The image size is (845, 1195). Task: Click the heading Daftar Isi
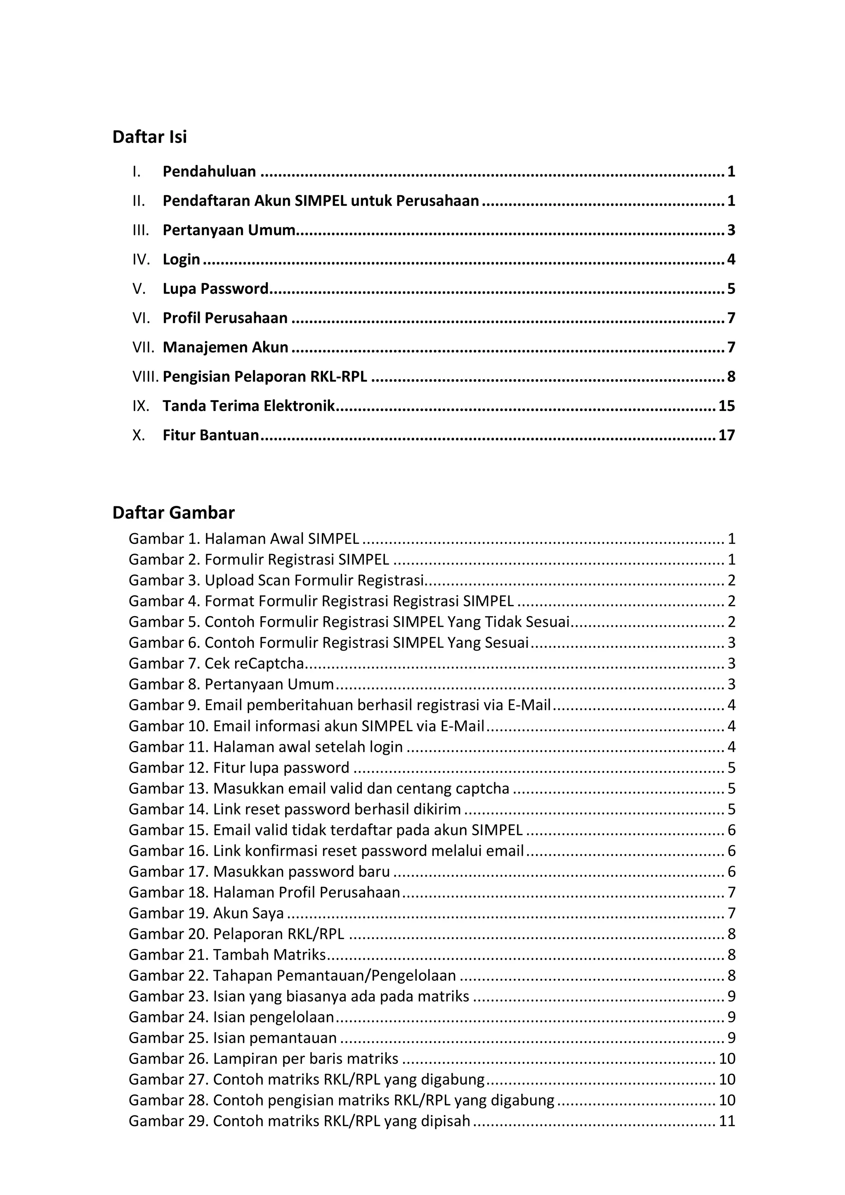coord(149,137)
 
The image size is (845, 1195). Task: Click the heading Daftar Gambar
coord(173,512)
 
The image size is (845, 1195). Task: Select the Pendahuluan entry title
coord(209,172)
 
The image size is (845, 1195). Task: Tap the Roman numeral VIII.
coord(145,376)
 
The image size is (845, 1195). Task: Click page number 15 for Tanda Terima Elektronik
coord(726,406)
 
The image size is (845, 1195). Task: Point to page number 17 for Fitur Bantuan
coord(726,435)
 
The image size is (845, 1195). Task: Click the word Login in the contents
coord(181,259)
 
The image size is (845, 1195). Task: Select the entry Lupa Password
coord(215,288)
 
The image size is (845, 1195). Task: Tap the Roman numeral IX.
coord(141,406)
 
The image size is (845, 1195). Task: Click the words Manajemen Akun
coord(225,347)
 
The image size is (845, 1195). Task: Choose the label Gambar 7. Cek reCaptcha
coord(216,664)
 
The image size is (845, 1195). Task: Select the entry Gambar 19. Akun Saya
coord(206,913)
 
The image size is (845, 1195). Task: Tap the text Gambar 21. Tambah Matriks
coord(227,954)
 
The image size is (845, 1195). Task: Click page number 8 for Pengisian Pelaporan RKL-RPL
coord(731,376)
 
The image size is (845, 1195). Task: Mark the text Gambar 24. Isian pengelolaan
coord(231,1017)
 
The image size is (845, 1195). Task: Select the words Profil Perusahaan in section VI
coord(225,318)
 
